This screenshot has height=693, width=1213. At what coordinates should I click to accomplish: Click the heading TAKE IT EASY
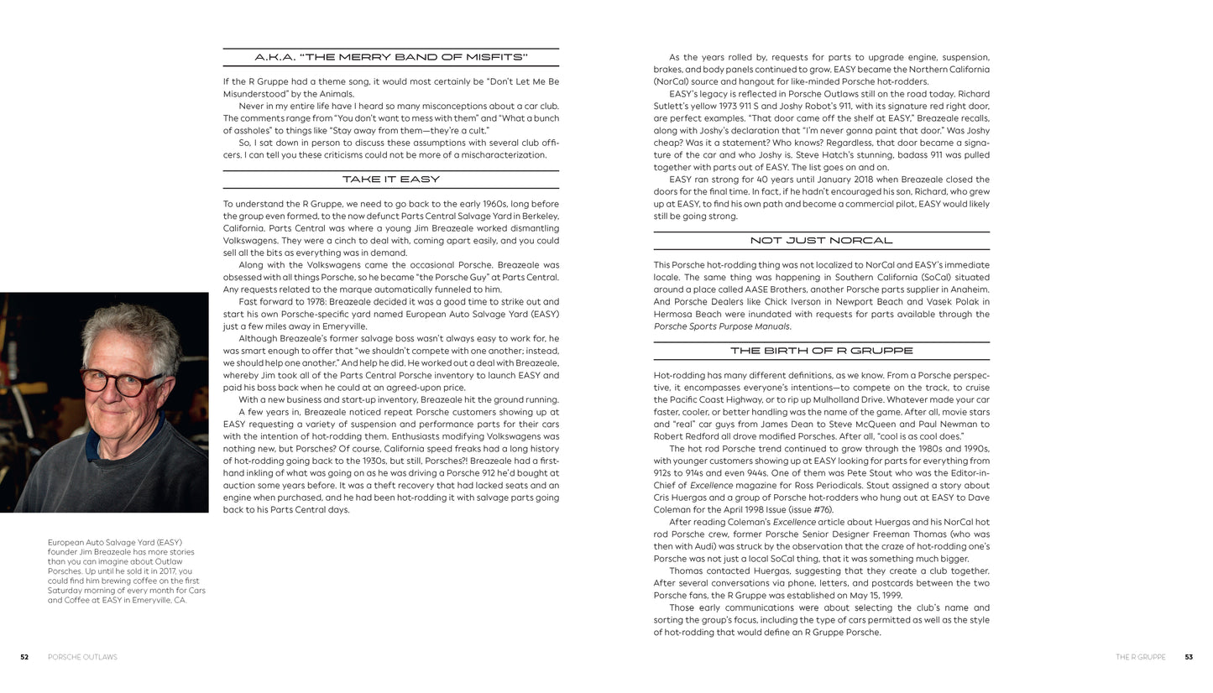tap(390, 180)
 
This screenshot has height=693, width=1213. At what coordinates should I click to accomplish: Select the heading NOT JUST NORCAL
tap(821, 241)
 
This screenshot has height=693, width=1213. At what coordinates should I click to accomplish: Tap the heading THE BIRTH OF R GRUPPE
tap(821, 351)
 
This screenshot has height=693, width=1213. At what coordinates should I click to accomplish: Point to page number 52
tap(24, 657)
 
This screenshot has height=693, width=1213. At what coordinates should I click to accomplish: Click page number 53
tap(1188, 657)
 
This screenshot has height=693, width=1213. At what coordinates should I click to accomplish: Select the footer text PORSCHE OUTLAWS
tap(82, 657)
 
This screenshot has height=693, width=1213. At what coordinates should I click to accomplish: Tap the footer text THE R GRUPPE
tap(1140, 657)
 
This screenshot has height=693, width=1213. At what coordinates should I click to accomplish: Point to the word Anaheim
tap(970, 289)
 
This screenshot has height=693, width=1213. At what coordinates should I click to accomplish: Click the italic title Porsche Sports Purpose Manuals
tap(721, 326)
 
